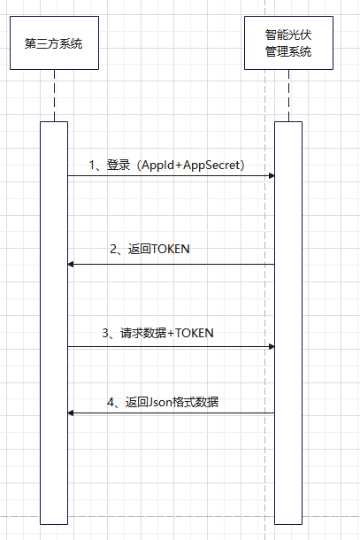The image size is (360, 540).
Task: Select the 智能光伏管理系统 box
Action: click(288, 42)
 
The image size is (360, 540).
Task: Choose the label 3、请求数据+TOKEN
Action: click(157, 333)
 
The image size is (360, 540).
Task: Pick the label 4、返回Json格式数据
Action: click(163, 402)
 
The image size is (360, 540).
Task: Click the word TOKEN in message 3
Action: click(194, 333)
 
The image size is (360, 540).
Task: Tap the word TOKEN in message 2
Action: click(171, 250)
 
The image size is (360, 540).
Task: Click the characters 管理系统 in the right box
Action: click(288, 52)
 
